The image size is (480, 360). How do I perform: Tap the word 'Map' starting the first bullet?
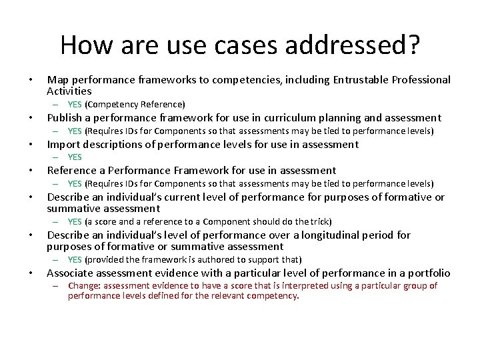click(x=57, y=80)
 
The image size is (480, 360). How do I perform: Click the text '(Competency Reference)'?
click(x=135, y=105)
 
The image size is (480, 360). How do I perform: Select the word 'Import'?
click(x=64, y=145)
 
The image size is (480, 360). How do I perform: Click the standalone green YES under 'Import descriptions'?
click(x=75, y=157)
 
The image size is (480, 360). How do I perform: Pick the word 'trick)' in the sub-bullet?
click(x=318, y=221)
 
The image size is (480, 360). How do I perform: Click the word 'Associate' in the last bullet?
click(x=71, y=273)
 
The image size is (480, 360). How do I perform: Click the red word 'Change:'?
click(x=85, y=286)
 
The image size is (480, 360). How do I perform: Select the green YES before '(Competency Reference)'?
click(x=75, y=105)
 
